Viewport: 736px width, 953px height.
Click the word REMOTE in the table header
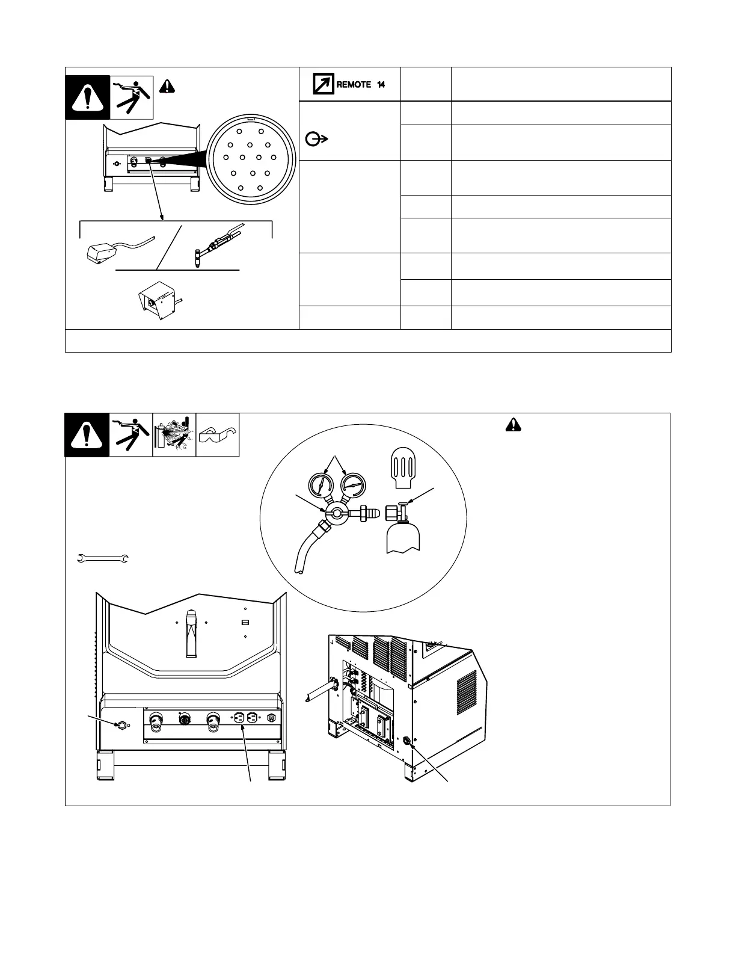click(354, 85)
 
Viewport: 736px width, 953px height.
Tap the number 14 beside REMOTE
click(381, 85)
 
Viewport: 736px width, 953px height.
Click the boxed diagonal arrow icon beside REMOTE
click(324, 84)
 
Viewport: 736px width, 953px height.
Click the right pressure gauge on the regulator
click(352, 484)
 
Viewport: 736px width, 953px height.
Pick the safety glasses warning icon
click(218, 434)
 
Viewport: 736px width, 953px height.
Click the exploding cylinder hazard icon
click(174, 434)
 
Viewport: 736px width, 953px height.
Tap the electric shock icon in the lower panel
click(131, 434)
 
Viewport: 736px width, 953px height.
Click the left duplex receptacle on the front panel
click(238, 718)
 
